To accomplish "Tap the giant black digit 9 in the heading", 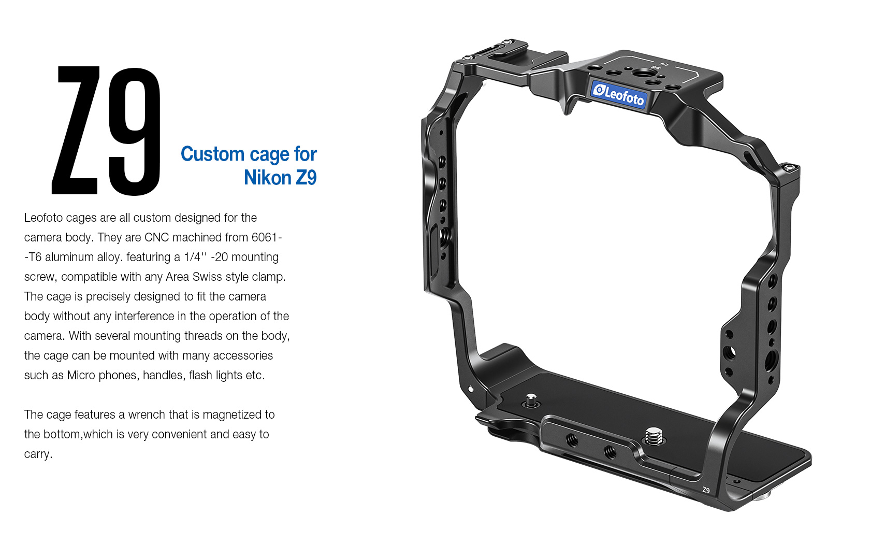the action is coord(135,132).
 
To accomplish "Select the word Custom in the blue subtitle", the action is coord(212,154).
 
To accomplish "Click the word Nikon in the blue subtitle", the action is coord(268,178).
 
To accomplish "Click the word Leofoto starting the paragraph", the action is coord(43,218).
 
